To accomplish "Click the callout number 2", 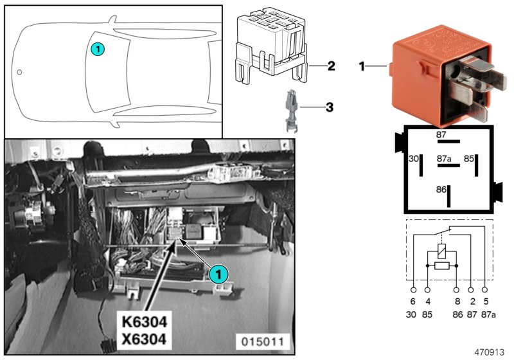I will (331, 66).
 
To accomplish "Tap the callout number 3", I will (330, 107).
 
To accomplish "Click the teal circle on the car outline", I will (97, 48).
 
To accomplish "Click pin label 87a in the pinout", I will (445, 158).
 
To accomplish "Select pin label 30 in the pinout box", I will (414, 158).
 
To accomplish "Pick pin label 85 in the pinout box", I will (470, 158).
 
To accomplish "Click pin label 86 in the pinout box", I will (441, 190).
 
